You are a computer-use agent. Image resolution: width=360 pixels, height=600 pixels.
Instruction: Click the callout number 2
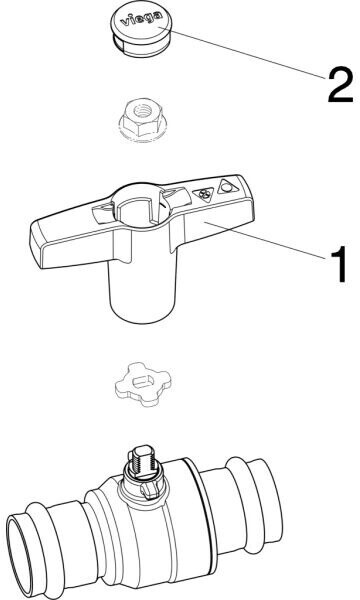(x=340, y=84)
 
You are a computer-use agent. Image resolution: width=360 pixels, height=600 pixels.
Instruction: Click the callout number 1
(x=337, y=264)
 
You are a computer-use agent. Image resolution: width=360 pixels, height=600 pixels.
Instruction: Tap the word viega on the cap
(x=141, y=20)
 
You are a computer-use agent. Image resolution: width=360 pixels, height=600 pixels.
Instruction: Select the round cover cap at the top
(x=142, y=31)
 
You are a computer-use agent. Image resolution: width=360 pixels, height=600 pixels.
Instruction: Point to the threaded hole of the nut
(x=143, y=111)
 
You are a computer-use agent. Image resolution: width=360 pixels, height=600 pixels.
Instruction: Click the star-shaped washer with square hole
(x=143, y=384)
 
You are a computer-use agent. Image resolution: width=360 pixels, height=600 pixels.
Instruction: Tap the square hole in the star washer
(x=143, y=381)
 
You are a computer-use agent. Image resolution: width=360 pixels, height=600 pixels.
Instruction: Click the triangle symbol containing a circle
(x=227, y=188)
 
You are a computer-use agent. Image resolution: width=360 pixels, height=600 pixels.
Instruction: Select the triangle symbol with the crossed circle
(x=204, y=195)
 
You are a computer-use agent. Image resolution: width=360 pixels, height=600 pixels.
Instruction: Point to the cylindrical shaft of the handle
(x=142, y=291)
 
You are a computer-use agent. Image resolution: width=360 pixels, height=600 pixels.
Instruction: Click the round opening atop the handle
(x=142, y=207)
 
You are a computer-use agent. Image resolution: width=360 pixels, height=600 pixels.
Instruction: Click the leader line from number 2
(x=243, y=54)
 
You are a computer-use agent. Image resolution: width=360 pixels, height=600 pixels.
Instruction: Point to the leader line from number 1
(x=264, y=240)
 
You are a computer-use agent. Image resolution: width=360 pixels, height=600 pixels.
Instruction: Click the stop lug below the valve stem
(x=150, y=490)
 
